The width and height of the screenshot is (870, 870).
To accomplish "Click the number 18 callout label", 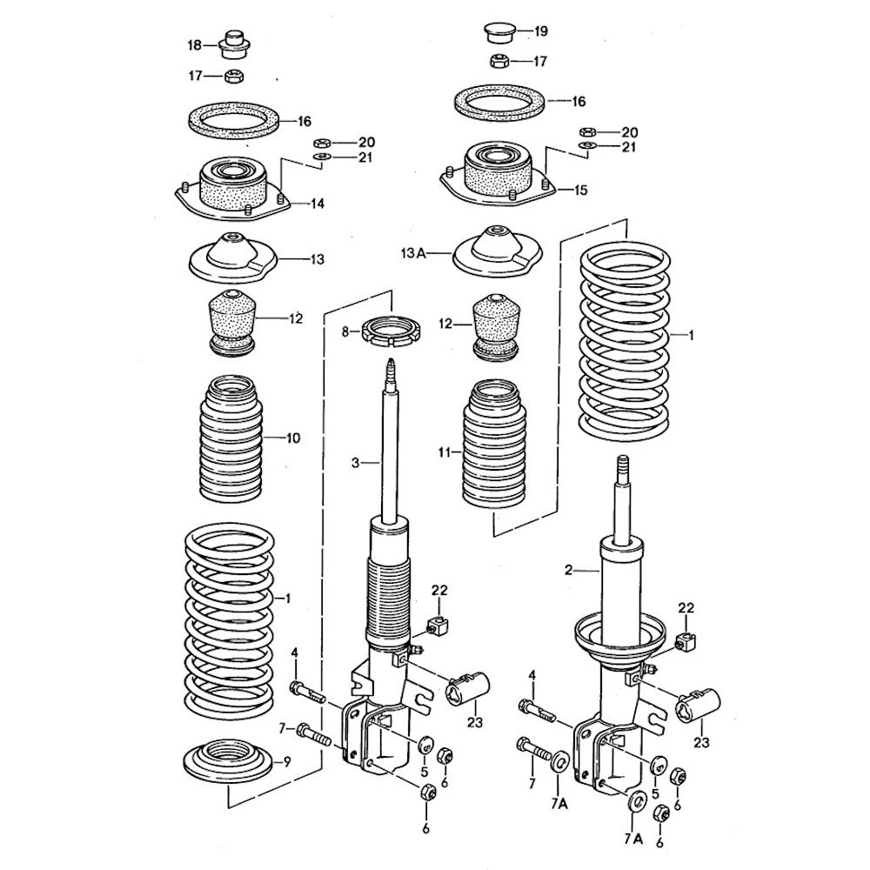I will (195, 44).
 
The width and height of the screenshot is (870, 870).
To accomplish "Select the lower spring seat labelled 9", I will (230, 763).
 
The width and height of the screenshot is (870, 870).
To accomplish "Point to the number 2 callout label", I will (568, 571).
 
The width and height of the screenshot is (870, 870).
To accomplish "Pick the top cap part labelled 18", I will (234, 41).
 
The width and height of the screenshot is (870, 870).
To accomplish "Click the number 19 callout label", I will (540, 32).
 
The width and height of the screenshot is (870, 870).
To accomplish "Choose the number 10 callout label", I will (291, 438).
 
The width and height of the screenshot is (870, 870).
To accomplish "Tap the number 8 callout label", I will (345, 332).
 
